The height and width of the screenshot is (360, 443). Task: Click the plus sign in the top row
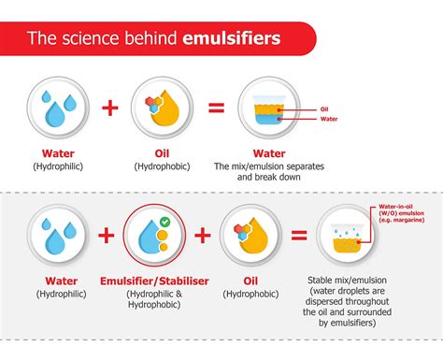109,107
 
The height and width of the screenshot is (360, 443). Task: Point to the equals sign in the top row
216,107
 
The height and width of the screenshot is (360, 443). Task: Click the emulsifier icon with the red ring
152,233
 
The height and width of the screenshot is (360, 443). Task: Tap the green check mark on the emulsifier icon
164,221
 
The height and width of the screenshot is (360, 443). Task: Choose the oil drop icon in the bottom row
250,233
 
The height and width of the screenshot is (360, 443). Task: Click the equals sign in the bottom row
299,234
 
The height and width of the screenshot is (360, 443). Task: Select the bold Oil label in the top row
161,153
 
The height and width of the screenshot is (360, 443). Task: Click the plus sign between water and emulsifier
105,234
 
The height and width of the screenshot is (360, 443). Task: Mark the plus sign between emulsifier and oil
202,234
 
